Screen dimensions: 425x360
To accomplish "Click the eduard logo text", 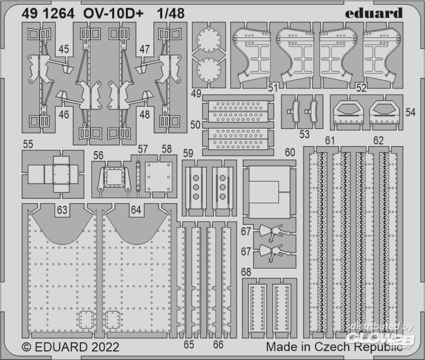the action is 374,13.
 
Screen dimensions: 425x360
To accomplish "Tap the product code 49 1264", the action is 48,13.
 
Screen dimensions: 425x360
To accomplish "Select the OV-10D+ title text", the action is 113,13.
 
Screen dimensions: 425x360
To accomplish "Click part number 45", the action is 64,49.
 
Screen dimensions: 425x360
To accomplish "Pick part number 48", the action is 145,114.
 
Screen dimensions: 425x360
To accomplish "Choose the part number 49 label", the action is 196,94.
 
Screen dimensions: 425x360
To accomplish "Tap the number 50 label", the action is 195,125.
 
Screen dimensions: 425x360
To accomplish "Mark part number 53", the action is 304,134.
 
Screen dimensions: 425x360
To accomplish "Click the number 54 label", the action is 411,112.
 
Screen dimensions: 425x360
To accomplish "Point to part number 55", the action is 28,144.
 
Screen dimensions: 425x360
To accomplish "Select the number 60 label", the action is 290,152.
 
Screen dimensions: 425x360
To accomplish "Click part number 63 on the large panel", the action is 62,210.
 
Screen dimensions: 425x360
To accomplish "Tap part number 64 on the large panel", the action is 136,210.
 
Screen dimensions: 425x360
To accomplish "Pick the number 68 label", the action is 246,272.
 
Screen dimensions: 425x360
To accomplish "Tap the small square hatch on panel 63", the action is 86,320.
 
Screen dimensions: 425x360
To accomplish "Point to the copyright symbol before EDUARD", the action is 26,347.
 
